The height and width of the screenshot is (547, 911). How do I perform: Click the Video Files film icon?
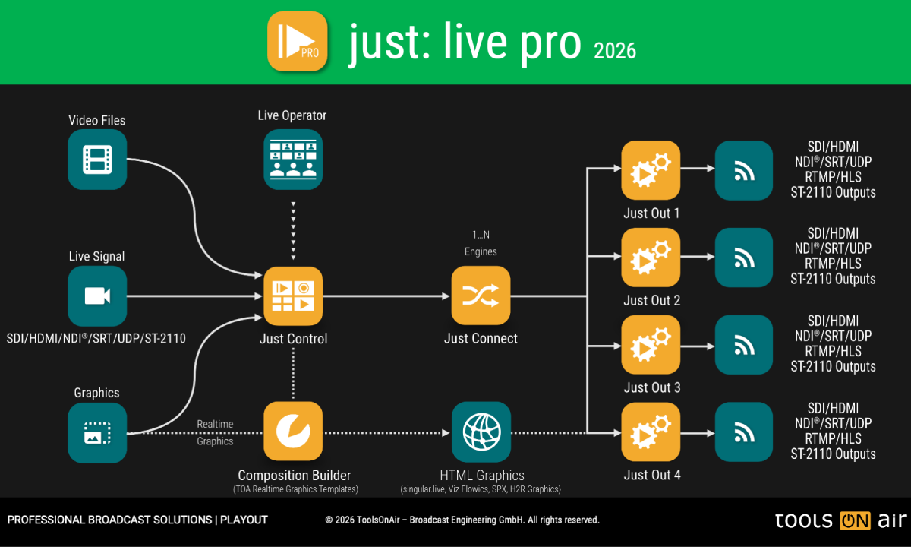(97, 160)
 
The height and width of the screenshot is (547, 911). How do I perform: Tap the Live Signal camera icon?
(97, 296)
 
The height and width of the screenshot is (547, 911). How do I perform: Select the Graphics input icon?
(97, 433)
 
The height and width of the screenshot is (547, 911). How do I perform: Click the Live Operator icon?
(293, 160)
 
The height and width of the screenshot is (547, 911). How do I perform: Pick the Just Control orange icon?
(293, 296)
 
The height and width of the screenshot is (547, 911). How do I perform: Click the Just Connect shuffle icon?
(481, 296)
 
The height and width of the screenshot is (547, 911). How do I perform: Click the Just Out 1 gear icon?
(651, 171)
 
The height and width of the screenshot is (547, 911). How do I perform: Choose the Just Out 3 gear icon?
(651, 346)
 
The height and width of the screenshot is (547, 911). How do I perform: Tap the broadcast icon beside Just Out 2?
(744, 258)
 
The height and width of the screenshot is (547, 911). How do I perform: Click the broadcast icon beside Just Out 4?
(744, 433)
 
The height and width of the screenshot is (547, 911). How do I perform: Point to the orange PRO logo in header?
(298, 41)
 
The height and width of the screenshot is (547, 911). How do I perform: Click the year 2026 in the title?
(614, 51)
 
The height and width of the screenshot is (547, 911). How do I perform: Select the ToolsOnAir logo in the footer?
(840, 520)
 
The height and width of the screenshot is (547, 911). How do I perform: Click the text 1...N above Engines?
(481, 236)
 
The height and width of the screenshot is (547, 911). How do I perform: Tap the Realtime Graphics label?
(215, 432)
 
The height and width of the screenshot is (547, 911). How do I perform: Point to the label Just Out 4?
(652, 475)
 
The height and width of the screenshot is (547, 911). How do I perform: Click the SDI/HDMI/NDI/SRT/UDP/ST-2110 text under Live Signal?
(96, 338)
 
